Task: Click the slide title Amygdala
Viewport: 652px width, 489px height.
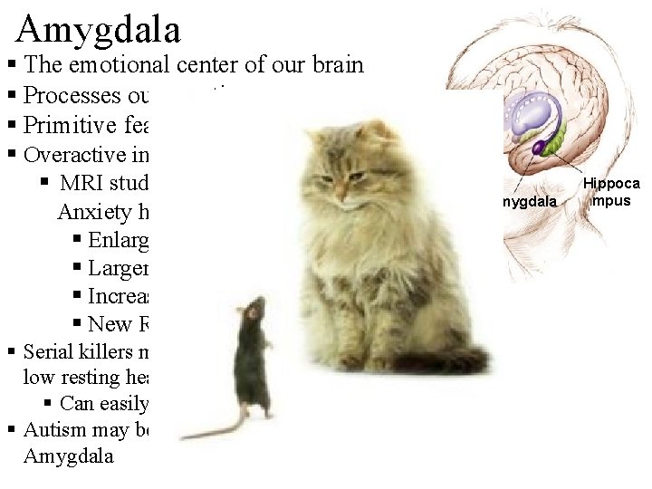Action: (98, 29)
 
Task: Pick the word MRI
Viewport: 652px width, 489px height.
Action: (81, 183)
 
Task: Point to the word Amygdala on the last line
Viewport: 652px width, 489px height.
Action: (69, 455)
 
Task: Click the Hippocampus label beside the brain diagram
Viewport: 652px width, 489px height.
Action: (610, 192)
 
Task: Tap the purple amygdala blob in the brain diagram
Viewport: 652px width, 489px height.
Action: (538, 146)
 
